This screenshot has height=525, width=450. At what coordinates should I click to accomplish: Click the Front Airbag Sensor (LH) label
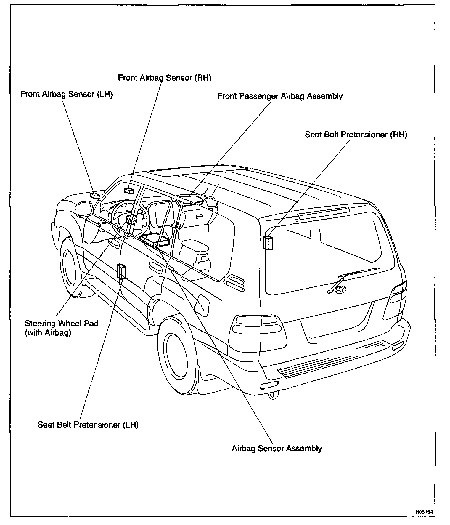tap(67, 94)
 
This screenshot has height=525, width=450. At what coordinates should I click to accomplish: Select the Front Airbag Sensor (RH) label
tap(164, 78)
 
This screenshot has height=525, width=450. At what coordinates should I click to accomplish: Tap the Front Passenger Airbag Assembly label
tap(280, 96)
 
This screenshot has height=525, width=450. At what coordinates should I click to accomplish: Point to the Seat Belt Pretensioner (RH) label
tap(356, 135)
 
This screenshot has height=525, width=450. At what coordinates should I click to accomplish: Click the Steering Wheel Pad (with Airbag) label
tap(62, 328)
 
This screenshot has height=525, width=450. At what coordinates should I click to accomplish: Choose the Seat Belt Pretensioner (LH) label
tap(88, 425)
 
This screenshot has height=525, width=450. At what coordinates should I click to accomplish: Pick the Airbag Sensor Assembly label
tap(277, 448)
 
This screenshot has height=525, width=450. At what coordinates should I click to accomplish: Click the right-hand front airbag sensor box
tap(129, 191)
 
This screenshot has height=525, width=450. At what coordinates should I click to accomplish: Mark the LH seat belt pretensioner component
tap(122, 272)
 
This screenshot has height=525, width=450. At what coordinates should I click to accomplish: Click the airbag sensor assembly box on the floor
tap(156, 239)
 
